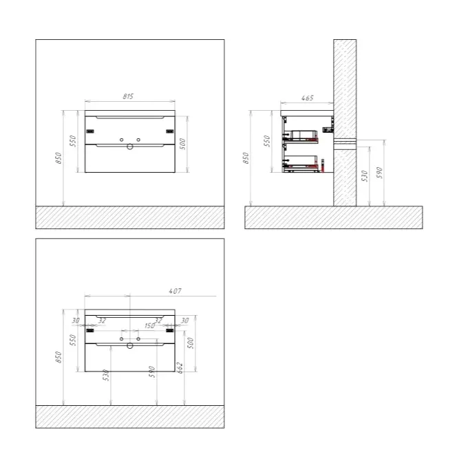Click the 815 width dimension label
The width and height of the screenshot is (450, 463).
(128, 96)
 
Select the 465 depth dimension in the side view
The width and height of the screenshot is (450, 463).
(308, 98)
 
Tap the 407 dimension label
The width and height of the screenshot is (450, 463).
(175, 291)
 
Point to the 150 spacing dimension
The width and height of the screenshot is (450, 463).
(149, 325)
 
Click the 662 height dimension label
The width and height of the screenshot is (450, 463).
(180, 368)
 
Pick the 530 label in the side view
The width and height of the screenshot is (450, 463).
(365, 176)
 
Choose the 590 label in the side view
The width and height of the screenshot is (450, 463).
(379, 173)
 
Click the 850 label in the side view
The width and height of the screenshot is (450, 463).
(246, 158)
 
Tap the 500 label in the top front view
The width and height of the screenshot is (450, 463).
(183, 144)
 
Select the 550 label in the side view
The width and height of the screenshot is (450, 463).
(267, 141)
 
